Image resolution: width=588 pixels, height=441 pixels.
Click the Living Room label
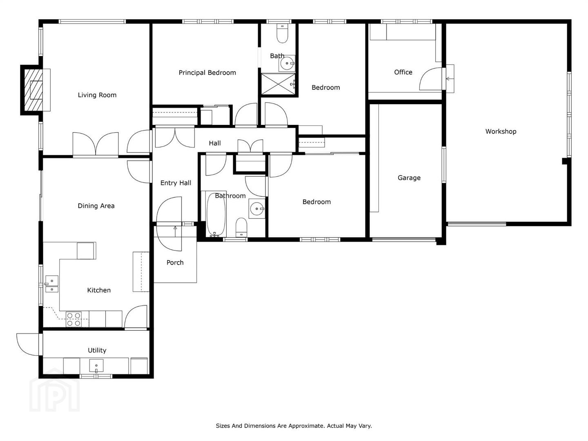pos(97,95)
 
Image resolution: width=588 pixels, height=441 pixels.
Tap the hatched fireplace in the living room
pos(33,90)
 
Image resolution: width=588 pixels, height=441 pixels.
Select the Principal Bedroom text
pos(207,73)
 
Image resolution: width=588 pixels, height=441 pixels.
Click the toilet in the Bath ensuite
pos(282,33)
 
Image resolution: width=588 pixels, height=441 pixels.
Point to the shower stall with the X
pos(278,84)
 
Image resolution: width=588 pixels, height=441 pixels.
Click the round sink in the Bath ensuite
pos(287,63)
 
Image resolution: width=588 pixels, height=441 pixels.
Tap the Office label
pos(403,72)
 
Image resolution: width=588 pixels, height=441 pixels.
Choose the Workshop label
pos(501,131)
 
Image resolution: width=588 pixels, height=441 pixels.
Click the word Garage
pos(409,178)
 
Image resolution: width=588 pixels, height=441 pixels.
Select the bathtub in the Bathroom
pos(216,214)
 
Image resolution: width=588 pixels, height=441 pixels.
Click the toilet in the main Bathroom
pos(241,227)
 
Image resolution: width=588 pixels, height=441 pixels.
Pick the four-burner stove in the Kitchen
pos(73,319)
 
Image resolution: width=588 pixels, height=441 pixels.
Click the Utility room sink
pos(96,366)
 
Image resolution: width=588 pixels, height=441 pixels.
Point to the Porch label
pos(175,263)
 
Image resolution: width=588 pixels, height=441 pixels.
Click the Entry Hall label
pos(176,183)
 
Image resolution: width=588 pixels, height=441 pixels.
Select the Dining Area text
pos(96,206)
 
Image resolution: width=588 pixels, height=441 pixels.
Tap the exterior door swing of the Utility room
pos(28,345)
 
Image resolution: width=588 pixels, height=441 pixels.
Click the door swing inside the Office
pos(430,79)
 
